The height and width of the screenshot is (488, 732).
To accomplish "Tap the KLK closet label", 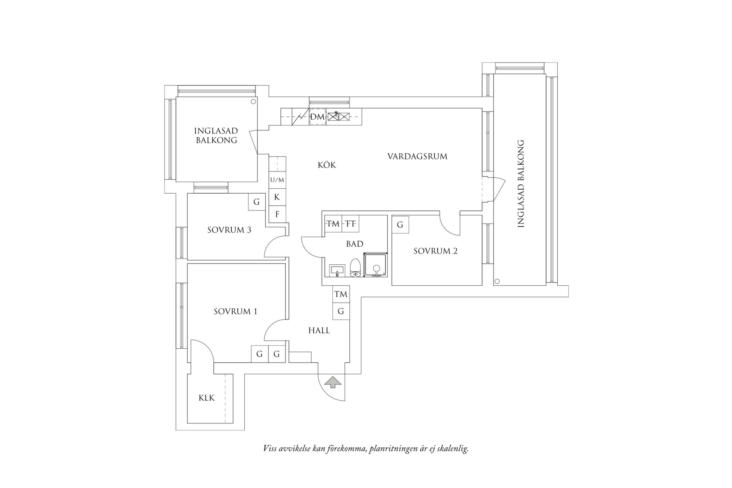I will pos(206,398).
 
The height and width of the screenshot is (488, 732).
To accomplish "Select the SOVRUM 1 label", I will pos(235,311).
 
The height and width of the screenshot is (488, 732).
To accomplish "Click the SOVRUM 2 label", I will pos(435,251).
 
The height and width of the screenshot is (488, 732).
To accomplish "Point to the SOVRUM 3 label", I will pos(229,230).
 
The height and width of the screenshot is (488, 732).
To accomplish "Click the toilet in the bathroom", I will pos(355,268).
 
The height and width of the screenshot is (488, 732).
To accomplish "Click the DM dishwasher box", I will pos(317,117).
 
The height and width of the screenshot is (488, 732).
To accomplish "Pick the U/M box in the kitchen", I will pos(277,180).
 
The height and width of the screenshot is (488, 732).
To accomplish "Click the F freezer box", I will pos(277,214).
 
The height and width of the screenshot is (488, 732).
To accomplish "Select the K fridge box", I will pos(277,197).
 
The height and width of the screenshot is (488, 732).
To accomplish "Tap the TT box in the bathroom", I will pos(350,224).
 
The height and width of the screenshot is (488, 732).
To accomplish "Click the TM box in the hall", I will pos(341,294).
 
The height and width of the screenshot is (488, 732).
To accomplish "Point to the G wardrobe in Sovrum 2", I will pos(400,224).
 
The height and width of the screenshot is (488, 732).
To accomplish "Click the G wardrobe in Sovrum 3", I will pos(256,202).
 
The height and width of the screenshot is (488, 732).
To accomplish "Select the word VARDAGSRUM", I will pos(417,156).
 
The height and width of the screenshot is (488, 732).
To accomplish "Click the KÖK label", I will pos(327,165).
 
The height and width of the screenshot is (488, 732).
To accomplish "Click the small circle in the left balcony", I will pos(253,102).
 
